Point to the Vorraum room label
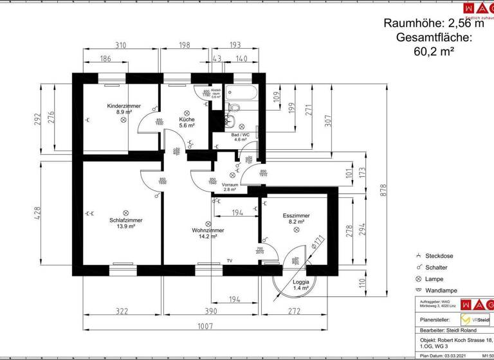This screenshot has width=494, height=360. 230,184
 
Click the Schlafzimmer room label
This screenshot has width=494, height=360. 122,221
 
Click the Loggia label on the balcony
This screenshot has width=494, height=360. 301,282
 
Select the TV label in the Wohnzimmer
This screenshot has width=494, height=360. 229,261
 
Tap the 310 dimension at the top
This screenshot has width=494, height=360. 120,45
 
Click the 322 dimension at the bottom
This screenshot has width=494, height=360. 122,311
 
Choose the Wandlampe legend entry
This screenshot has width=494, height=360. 441,291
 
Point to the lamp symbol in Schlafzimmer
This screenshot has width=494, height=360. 126,213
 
